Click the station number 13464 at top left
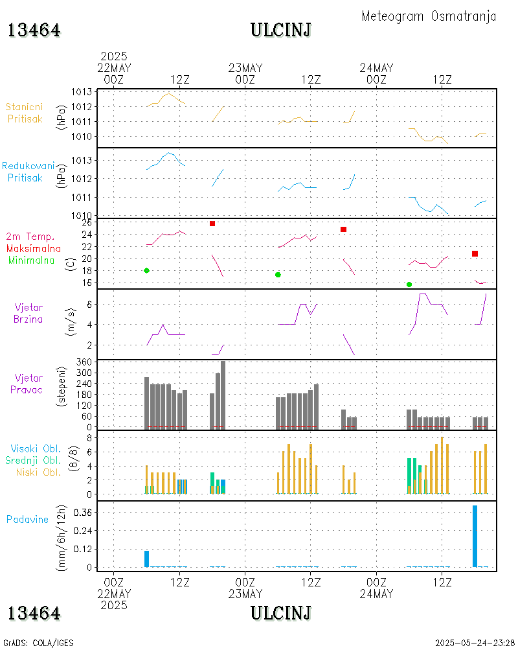34,30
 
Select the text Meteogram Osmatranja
429,16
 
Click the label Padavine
28,519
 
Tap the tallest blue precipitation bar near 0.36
475,536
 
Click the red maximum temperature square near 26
212,224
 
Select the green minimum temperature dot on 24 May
409,284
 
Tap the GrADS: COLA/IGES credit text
38,643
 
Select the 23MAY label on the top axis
245,68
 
